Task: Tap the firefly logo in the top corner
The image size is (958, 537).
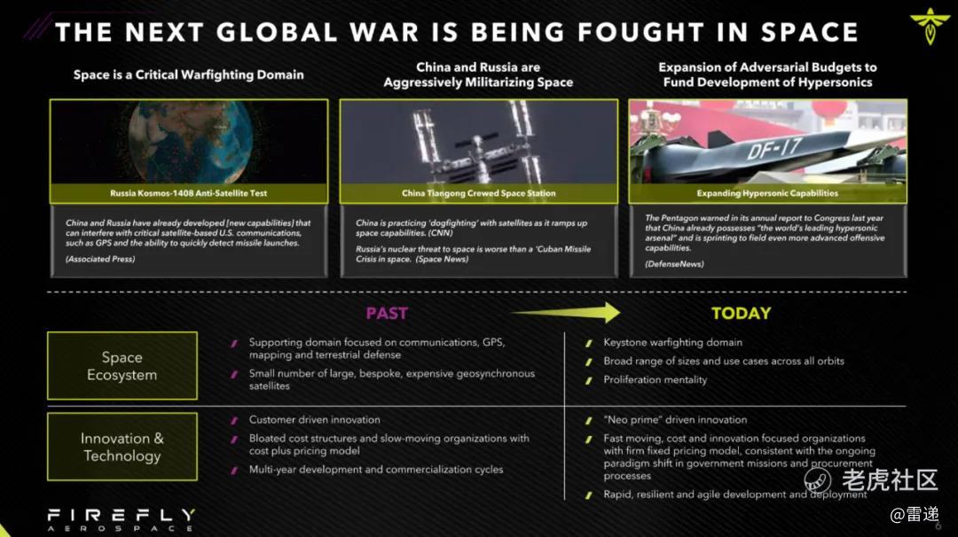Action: point(930,26)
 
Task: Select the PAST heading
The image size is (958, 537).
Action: point(387,313)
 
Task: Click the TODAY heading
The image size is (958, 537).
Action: point(741,313)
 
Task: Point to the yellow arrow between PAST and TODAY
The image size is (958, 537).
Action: point(565,313)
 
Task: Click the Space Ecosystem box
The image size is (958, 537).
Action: point(122,365)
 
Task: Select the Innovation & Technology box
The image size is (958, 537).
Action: point(122,447)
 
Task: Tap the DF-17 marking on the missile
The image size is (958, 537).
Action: point(773,148)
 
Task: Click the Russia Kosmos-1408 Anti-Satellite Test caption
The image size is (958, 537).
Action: point(189,193)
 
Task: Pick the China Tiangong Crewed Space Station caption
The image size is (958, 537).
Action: point(479,193)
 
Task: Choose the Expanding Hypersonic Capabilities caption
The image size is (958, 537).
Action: point(767,193)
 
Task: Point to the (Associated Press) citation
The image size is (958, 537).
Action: point(100,259)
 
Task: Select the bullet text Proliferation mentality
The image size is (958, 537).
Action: point(655,379)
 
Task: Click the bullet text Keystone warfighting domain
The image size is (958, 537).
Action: point(672,342)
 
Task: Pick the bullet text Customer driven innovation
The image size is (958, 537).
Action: point(315,420)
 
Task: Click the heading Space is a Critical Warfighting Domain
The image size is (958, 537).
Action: point(189,74)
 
